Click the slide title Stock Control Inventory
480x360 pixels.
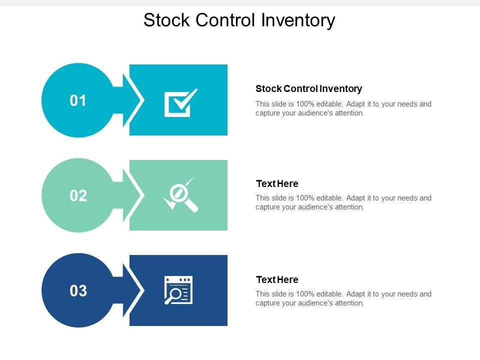pos(239,20)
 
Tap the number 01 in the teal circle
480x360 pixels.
pos(78,101)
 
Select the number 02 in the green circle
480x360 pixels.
pos(78,196)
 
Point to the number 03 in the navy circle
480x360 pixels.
pos(78,291)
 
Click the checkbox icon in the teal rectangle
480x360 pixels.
pos(180,102)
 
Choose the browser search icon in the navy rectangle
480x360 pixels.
pos(178,290)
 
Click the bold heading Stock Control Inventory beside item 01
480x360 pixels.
pos(308,89)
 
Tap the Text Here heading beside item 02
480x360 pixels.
pos(276,183)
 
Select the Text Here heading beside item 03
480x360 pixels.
pos(276,279)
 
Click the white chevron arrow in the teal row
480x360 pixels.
pos(134,100)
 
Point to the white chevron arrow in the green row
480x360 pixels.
pos(134,195)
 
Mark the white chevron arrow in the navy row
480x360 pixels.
pos(134,290)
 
